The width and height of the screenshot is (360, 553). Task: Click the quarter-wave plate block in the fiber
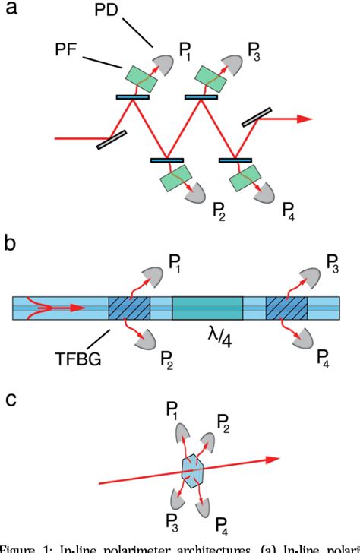(x=207, y=307)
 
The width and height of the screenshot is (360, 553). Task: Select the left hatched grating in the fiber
(x=130, y=307)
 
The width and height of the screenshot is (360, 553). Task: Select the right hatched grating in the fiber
(x=287, y=307)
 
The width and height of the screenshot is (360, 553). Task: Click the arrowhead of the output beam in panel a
(x=303, y=118)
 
